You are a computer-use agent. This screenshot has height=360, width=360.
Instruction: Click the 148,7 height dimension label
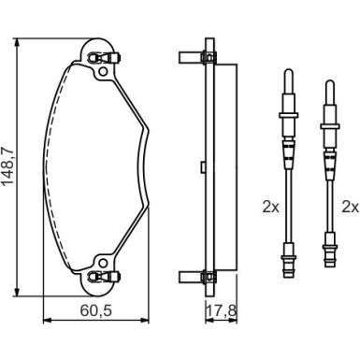(x=8, y=166)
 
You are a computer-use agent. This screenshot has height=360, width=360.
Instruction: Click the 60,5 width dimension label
(x=95, y=310)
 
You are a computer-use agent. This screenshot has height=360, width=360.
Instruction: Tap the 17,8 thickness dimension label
(x=222, y=310)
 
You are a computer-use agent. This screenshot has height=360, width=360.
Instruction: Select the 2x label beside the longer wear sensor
(x=270, y=207)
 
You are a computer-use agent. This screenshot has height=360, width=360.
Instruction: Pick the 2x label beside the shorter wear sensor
(x=351, y=207)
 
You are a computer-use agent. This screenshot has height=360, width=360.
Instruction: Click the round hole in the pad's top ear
(x=103, y=72)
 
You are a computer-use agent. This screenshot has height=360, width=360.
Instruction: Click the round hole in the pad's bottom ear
(x=103, y=263)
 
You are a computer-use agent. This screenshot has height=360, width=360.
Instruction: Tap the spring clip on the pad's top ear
(x=104, y=58)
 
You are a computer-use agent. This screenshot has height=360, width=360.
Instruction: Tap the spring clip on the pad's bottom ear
(x=104, y=276)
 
